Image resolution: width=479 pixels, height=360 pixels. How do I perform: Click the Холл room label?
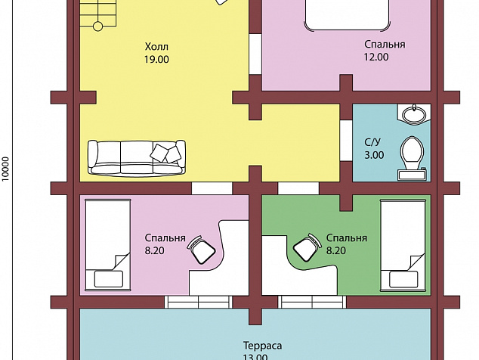[156, 47]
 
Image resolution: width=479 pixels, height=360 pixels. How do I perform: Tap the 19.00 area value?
[156, 59]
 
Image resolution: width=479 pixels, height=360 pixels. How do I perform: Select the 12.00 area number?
[376, 57]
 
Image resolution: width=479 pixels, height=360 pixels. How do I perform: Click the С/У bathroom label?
[372, 142]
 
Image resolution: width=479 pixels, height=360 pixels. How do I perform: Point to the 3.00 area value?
[374, 155]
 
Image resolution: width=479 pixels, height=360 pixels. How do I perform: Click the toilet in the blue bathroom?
[412, 158]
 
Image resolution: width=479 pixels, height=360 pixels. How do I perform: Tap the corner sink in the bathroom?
[414, 114]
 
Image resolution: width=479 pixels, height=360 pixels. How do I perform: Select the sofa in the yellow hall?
[137, 158]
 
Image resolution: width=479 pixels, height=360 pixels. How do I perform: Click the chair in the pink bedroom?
[201, 250]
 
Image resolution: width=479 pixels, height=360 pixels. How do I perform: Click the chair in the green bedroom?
[307, 247]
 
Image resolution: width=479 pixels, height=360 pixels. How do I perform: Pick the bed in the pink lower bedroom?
[108, 245]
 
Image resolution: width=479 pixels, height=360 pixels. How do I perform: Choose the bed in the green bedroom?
[403, 246]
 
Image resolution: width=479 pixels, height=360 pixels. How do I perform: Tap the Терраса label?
[262, 346]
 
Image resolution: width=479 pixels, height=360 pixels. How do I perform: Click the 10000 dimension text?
[6, 169]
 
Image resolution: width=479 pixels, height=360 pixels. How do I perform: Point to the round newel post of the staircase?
[97, 26]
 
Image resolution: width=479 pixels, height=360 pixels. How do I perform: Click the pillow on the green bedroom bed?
[403, 279]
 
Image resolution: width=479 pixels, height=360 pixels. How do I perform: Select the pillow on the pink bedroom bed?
[109, 278]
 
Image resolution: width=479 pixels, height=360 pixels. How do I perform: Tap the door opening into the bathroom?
[346, 141]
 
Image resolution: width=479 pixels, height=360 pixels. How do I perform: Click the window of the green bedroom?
[312, 302]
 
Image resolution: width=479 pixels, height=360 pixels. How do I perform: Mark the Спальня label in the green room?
[347, 237]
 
